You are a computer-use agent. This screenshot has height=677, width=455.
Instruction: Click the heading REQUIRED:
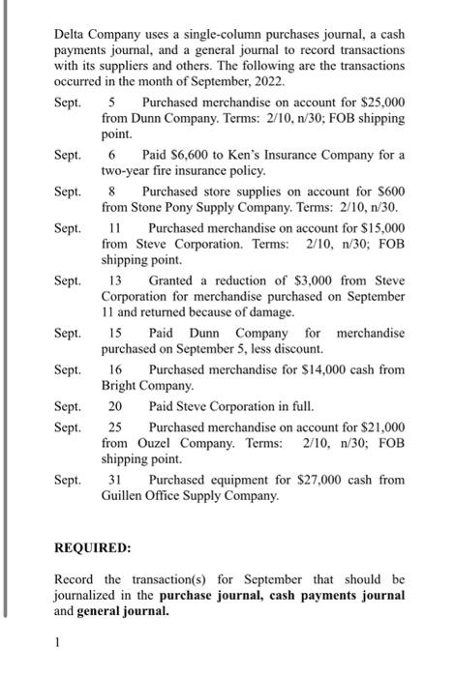click(x=92, y=547)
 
